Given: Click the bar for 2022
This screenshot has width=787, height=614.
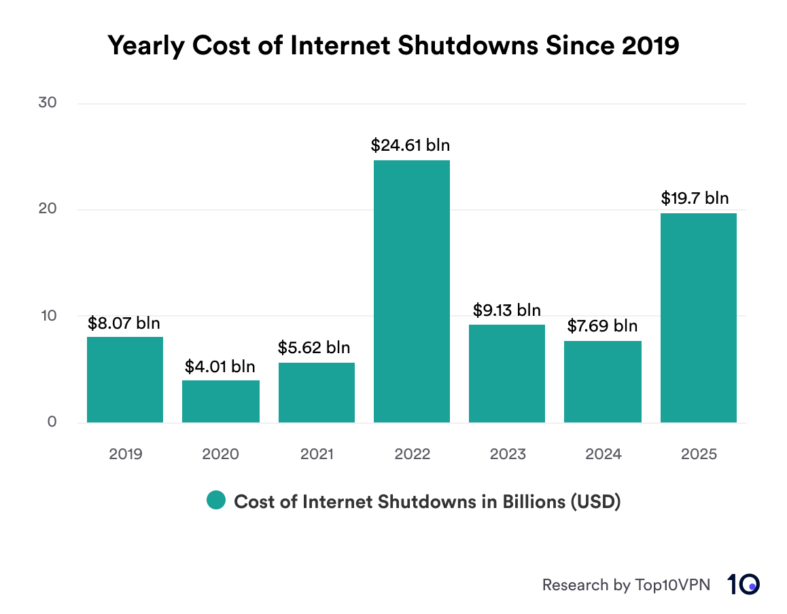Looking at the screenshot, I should pyautogui.click(x=412, y=291).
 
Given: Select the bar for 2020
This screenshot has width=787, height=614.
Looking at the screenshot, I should pyautogui.click(x=221, y=401).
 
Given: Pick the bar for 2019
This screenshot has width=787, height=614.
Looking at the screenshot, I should pyautogui.click(x=125, y=380).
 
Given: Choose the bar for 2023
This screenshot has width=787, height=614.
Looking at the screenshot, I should pyautogui.click(x=507, y=374).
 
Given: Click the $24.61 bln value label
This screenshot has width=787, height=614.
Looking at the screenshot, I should pyautogui.click(x=410, y=145).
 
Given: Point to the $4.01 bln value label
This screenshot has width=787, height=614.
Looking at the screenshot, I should pyautogui.click(x=220, y=367).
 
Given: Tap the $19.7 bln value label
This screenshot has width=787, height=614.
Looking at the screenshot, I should pyautogui.click(x=695, y=198).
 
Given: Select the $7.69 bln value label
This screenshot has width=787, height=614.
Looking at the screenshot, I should pyautogui.click(x=603, y=326).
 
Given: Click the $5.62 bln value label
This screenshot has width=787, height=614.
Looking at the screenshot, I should pyautogui.click(x=314, y=348).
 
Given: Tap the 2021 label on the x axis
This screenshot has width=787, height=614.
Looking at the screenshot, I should pyautogui.click(x=316, y=454).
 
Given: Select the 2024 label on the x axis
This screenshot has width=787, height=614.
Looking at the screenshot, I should pyautogui.click(x=603, y=454).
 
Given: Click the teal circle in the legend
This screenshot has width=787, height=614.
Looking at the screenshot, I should pyautogui.click(x=215, y=501).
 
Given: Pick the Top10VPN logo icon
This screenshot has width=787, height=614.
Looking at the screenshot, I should pyautogui.click(x=744, y=584).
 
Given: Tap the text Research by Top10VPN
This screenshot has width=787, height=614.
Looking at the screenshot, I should pyautogui.click(x=626, y=585).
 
